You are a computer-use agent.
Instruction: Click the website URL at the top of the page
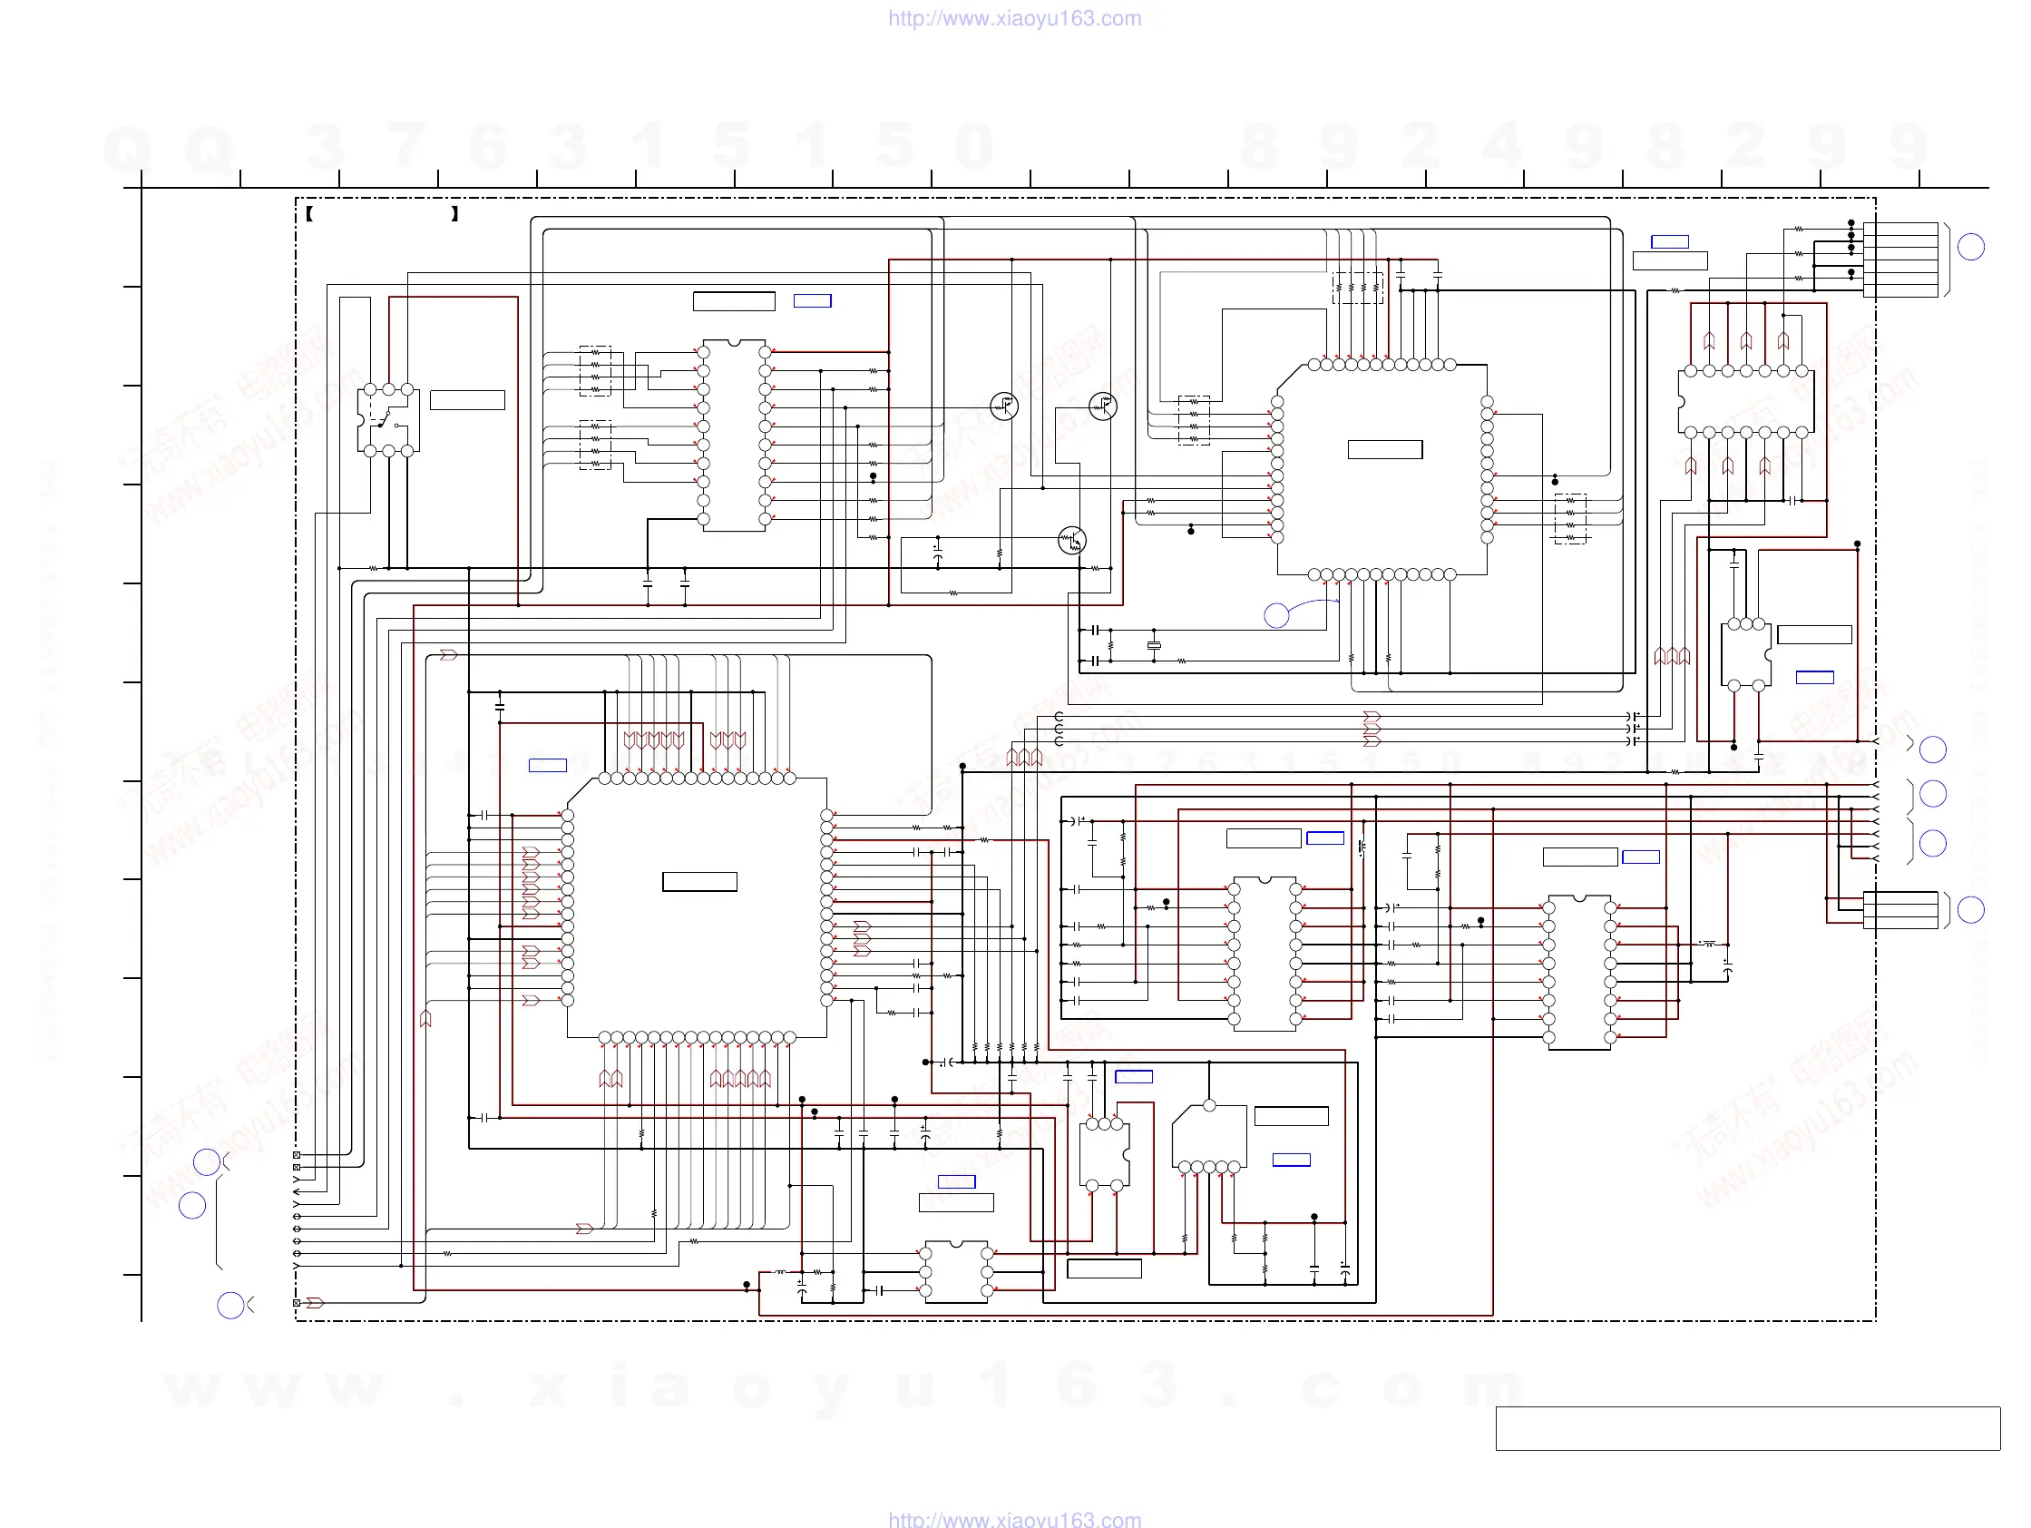point(1014,18)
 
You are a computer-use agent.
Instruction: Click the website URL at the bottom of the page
point(1014,1519)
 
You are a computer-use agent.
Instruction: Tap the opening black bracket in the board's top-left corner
point(310,214)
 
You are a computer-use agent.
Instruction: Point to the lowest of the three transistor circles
point(1071,541)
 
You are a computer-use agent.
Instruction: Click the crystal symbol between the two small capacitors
point(1154,645)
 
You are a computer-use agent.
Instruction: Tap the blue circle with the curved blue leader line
point(1276,615)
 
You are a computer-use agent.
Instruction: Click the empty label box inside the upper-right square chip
point(1384,450)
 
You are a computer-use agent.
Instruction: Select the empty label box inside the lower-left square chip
point(699,882)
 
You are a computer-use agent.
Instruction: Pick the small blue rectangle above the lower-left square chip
point(547,765)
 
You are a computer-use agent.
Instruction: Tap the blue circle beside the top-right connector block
point(1970,246)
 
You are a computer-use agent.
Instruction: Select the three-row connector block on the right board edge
point(1899,910)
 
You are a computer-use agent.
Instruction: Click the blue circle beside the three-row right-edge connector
point(1970,909)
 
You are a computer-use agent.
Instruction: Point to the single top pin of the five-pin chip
point(1209,1105)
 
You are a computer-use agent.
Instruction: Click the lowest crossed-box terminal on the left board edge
point(297,1303)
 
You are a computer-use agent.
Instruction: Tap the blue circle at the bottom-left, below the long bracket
point(230,1305)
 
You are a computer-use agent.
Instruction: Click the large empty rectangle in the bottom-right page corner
point(1747,1428)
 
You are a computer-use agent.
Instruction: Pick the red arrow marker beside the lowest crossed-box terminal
point(315,1303)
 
